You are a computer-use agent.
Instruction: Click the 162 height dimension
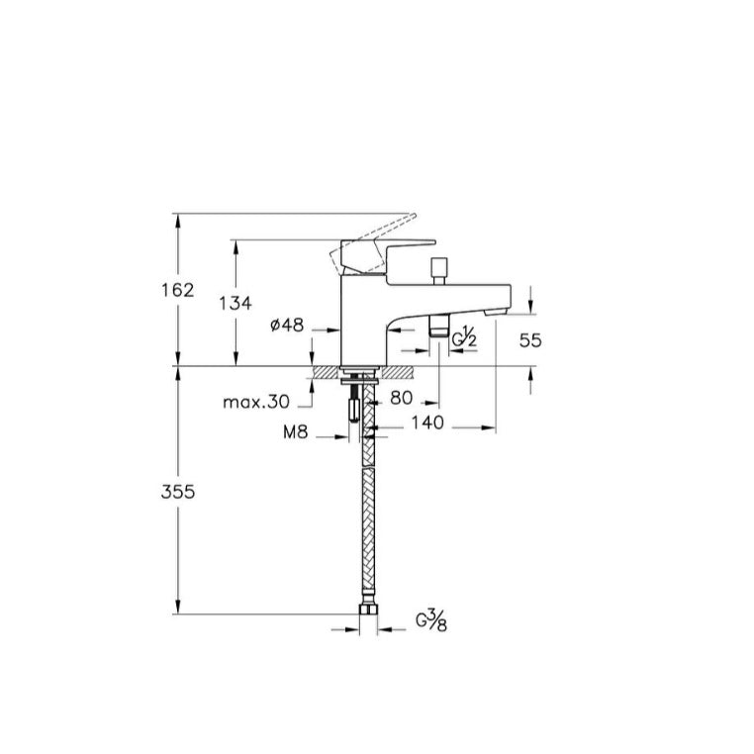177,290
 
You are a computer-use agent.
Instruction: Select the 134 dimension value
236,304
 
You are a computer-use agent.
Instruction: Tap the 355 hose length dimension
178,492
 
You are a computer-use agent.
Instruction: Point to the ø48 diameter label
287,326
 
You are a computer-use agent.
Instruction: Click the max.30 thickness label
256,402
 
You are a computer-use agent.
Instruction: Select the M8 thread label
295,432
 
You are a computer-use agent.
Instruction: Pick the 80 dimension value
402,398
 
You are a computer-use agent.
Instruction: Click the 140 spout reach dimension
427,423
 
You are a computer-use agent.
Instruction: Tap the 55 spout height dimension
530,340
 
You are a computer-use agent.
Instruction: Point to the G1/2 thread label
464,336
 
